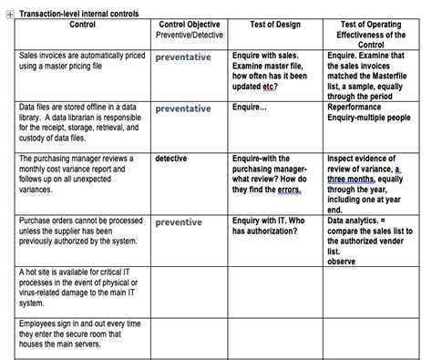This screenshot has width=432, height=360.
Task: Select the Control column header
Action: pyautogui.click(x=82, y=24)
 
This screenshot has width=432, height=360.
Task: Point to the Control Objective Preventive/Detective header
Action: pyautogui.click(x=190, y=29)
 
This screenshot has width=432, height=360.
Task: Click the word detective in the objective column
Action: pyautogui.click(x=171, y=159)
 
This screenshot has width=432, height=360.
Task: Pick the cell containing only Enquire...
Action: pyautogui.click(x=250, y=108)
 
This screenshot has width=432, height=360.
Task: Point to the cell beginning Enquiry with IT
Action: pyautogui.click(x=269, y=226)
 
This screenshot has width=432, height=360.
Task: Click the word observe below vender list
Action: pyautogui.click(x=342, y=262)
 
